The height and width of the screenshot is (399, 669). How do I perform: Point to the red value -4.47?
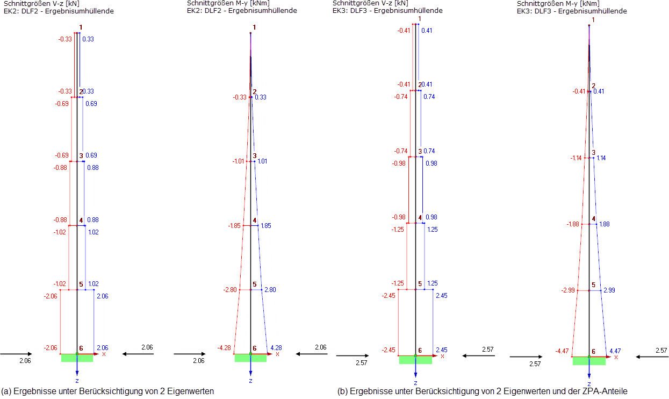[x=562, y=352]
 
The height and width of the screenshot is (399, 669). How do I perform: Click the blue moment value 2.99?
[x=609, y=290]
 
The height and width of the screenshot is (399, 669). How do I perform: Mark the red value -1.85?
[x=234, y=226]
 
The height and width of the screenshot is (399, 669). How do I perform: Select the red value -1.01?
[x=239, y=161]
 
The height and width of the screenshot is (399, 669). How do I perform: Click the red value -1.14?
[x=577, y=158]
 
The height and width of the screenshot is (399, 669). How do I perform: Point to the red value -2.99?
[x=569, y=290]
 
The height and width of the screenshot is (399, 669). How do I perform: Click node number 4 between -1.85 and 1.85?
[x=254, y=220]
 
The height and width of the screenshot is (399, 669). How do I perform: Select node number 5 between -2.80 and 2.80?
[x=254, y=284]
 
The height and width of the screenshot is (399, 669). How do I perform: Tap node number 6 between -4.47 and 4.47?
[x=593, y=351]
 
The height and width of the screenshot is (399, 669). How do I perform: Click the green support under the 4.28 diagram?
[x=250, y=358]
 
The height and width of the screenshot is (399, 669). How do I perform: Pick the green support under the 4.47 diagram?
[x=589, y=361]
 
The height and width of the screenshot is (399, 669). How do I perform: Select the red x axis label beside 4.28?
[x=277, y=354]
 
